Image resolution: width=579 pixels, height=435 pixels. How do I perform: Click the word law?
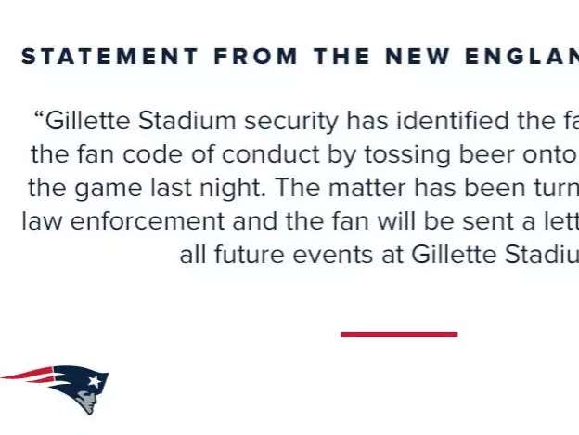pos(39,221)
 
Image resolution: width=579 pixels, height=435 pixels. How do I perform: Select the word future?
pos(240,256)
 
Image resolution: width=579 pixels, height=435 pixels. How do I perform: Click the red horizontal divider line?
pos(399,335)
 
